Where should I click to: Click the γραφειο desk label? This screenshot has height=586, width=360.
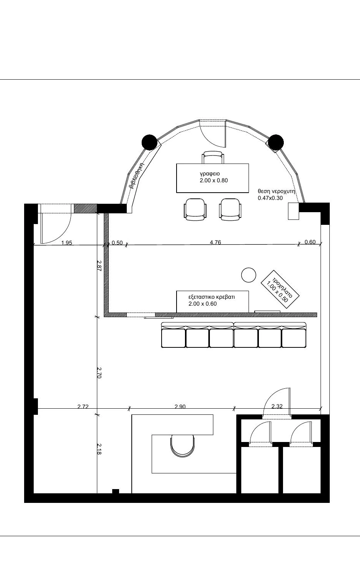[210, 174]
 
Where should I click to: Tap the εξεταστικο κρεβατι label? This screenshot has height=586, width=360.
[212, 297]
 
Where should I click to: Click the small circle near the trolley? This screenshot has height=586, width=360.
[249, 275]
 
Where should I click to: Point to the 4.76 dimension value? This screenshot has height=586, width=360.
[215, 242]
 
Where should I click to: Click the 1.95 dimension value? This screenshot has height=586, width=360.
[67, 243]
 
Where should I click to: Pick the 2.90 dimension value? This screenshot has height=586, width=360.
[180, 406]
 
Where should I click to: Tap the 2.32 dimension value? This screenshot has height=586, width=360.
[277, 406]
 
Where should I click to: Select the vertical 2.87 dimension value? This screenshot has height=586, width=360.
[99, 265]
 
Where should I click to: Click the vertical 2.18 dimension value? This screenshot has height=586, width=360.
[99, 449]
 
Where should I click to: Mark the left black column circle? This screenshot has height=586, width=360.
[149, 142]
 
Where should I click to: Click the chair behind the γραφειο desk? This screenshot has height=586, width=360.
[213, 157]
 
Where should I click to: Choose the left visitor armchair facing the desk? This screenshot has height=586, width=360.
[195, 209]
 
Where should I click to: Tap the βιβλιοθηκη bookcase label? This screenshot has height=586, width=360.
[137, 175]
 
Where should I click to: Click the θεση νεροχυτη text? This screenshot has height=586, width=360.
[276, 191]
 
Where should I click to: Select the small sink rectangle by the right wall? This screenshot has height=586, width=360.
[293, 211]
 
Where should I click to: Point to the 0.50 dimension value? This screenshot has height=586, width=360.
[117, 243]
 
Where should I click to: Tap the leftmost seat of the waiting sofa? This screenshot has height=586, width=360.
[173, 338]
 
